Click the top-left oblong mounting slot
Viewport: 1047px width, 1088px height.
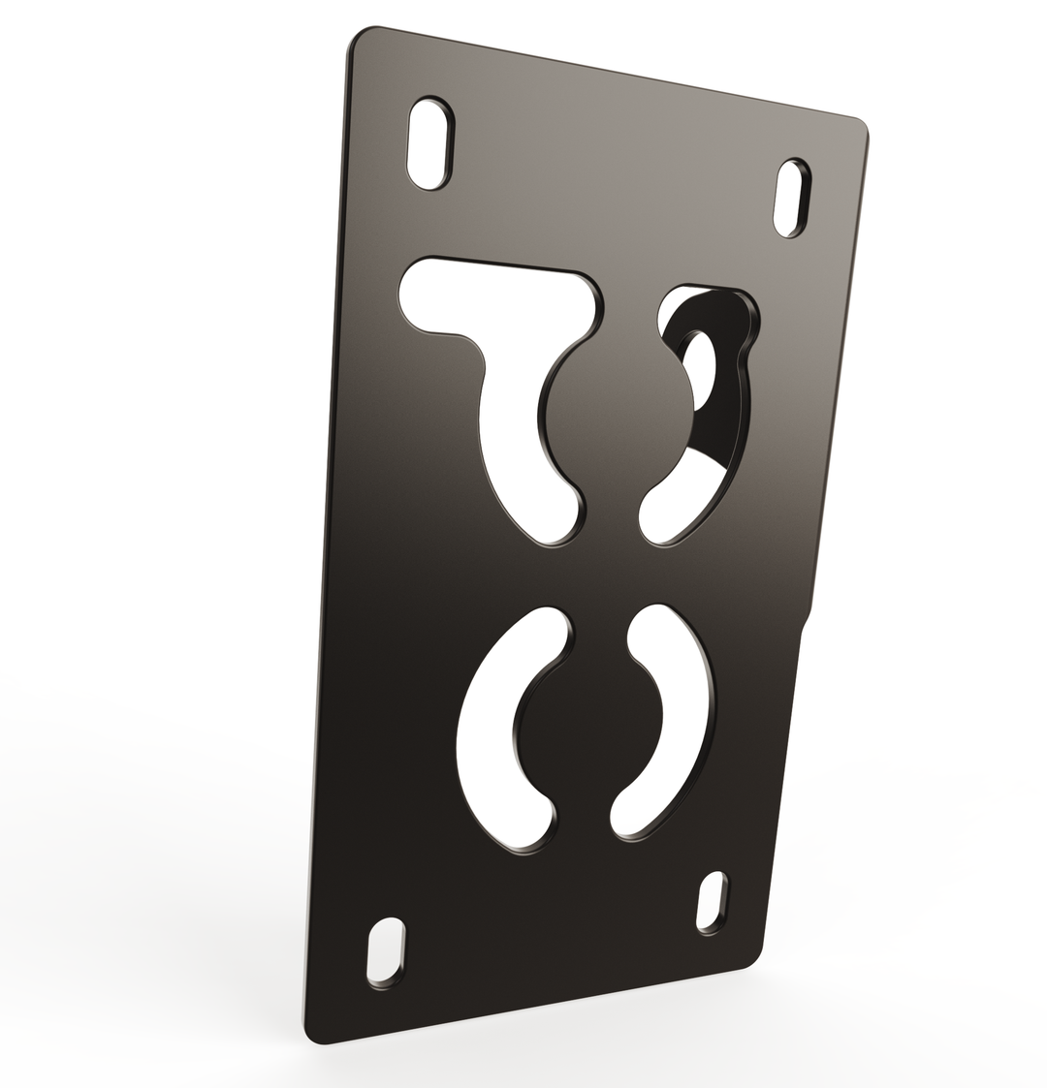[x=429, y=143]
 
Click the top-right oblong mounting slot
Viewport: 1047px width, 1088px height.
[x=792, y=198]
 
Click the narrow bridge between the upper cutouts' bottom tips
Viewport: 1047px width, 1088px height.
[x=612, y=518]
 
